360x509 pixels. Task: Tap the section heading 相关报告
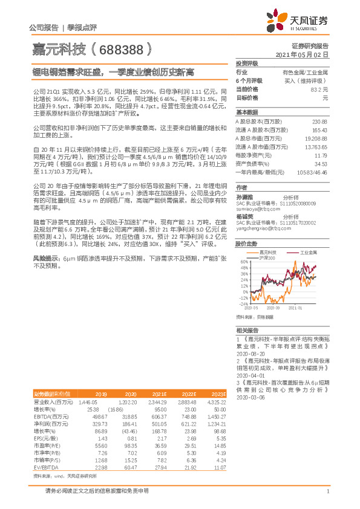tap(247, 330)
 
